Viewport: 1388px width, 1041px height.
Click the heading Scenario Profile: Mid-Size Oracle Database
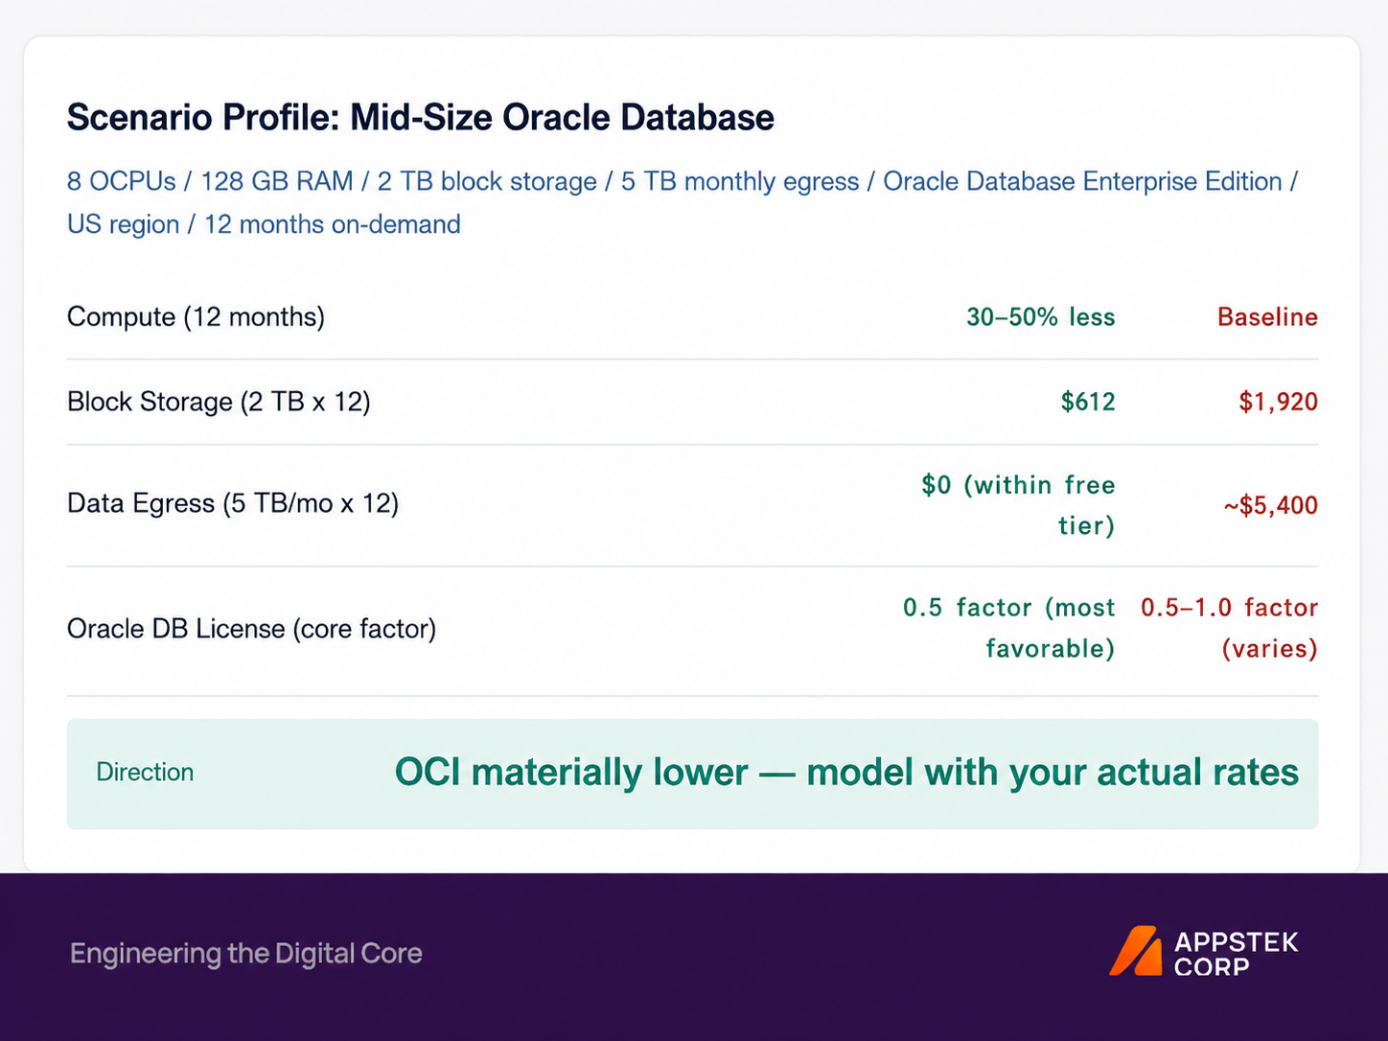click(421, 118)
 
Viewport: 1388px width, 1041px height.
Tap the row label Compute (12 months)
click(197, 316)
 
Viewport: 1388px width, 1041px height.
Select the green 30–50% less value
click(1041, 316)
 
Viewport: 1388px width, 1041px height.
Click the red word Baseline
click(1268, 316)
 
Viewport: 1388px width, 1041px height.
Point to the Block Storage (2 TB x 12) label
click(219, 402)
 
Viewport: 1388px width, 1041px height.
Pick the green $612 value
click(1088, 402)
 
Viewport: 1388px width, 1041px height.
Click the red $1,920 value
click(1279, 402)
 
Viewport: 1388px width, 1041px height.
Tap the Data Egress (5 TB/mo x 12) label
click(233, 504)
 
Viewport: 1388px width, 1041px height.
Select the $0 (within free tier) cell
click(1019, 505)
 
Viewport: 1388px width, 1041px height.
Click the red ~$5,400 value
click(1271, 505)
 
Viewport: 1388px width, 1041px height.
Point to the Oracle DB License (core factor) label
click(252, 629)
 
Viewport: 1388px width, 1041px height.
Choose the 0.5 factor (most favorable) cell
click(1009, 628)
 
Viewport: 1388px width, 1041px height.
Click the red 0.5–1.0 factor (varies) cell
click(1230, 628)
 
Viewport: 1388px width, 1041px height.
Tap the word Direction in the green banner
click(145, 773)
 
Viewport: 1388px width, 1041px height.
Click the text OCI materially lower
click(571, 773)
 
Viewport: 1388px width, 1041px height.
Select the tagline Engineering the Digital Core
click(246, 953)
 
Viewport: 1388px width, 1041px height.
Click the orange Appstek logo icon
click(1136, 951)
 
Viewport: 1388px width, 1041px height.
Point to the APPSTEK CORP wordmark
click(1237, 954)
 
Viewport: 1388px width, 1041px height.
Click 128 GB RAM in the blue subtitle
click(277, 181)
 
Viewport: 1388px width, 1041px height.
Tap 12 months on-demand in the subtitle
click(332, 224)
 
